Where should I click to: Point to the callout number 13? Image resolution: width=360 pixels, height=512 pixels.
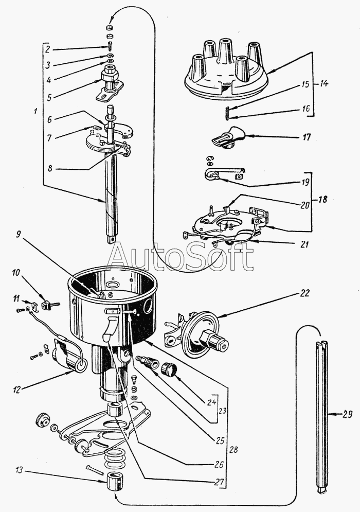[19, 470]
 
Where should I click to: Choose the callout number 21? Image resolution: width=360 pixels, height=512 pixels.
[304, 245]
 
